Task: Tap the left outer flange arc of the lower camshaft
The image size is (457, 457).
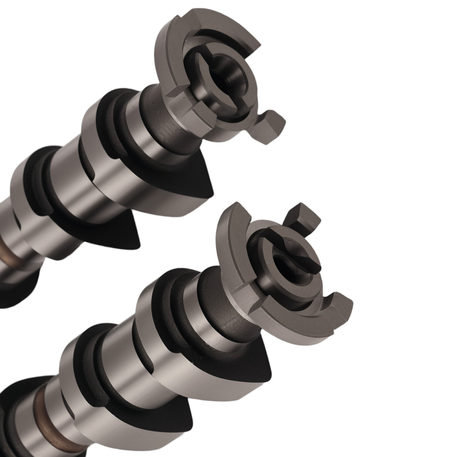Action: click(228, 242)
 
